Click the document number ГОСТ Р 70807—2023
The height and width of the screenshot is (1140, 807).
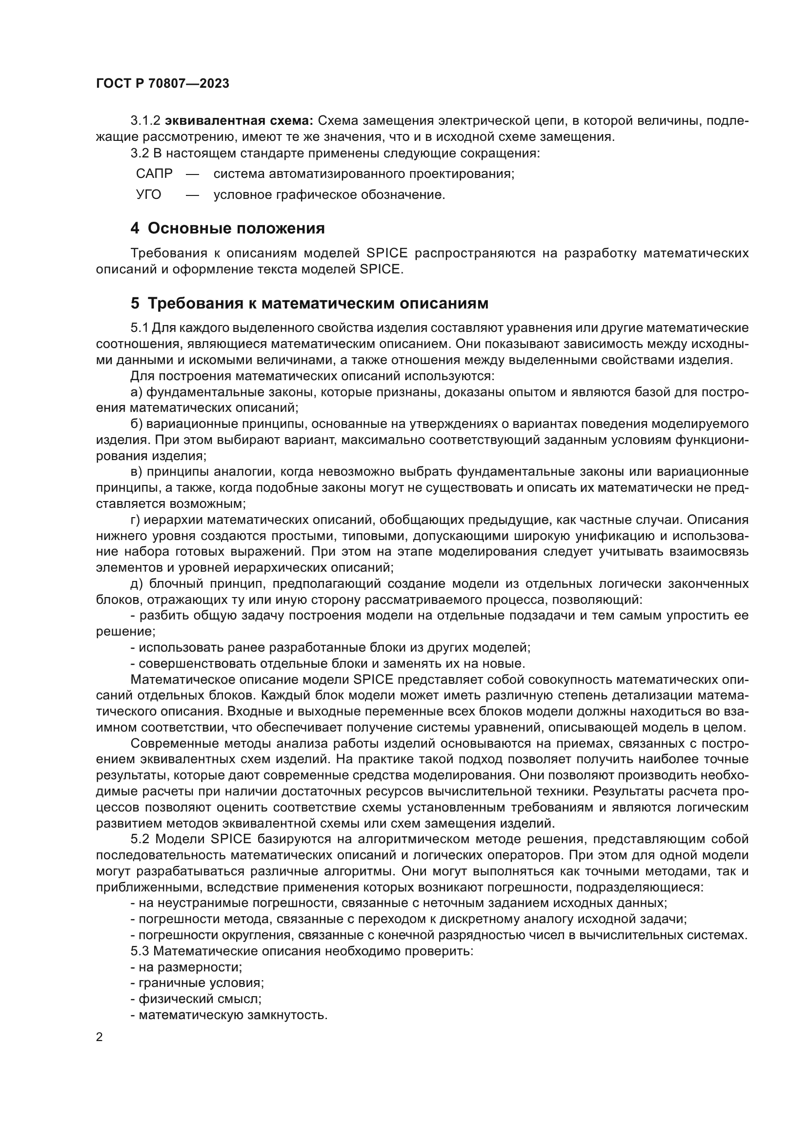coord(162,83)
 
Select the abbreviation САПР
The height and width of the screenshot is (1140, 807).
coord(154,174)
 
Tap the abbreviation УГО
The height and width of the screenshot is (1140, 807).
coord(149,194)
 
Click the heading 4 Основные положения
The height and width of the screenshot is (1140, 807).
coord(227,229)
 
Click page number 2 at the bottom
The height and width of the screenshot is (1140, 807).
coord(100,1037)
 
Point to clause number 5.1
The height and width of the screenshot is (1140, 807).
coord(140,328)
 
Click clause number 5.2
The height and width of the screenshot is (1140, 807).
coord(141,839)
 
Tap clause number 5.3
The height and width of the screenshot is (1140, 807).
coord(141,951)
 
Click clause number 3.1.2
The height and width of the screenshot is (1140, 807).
coord(145,121)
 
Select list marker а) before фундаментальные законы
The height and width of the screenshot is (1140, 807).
coord(136,392)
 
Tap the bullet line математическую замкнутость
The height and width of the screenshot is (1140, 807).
coord(228,1015)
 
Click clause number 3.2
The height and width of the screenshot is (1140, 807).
coord(140,153)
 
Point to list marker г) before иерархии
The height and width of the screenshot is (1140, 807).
coord(136,520)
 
